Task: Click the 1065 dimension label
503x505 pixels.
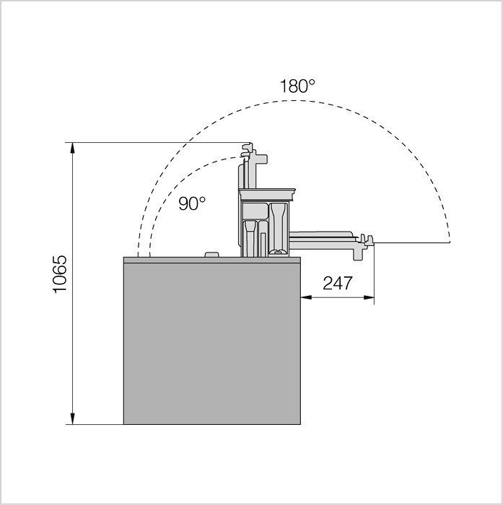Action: click(60, 273)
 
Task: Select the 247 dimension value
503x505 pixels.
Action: click(337, 283)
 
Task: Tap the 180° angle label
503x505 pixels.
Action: click(297, 86)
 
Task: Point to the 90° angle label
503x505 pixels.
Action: click(192, 203)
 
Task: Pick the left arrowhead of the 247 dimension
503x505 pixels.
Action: click(306, 297)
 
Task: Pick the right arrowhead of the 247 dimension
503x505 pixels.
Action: click(369, 297)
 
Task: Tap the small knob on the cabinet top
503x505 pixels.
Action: click(212, 255)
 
